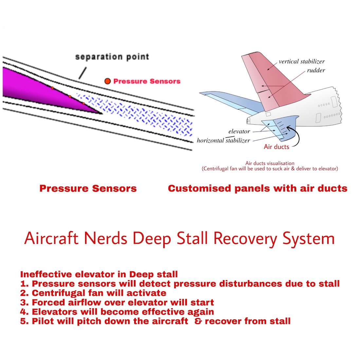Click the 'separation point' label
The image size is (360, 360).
(112, 57)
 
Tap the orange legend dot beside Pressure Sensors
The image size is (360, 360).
(107, 81)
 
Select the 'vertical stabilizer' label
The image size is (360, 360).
(301, 62)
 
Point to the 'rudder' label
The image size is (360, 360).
(316, 70)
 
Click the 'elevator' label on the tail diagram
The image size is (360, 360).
(239, 131)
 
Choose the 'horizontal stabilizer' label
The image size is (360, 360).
(224, 140)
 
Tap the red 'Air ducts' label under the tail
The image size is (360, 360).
(277, 147)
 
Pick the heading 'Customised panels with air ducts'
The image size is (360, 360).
(258, 189)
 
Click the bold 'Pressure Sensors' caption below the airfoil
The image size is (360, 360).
(88, 189)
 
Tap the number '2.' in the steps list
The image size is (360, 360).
(25, 293)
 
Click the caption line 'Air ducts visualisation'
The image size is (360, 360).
(270, 163)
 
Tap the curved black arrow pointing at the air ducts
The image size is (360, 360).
(296, 137)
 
